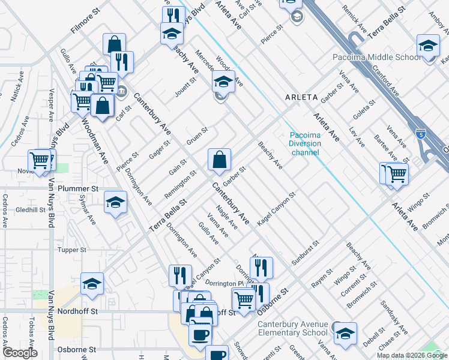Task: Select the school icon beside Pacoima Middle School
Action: pos(429,46)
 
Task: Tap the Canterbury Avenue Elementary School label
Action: pos(293,329)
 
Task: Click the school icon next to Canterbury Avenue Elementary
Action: pos(345,333)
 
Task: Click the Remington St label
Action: pos(181,186)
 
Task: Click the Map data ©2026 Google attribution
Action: pos(411,355)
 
